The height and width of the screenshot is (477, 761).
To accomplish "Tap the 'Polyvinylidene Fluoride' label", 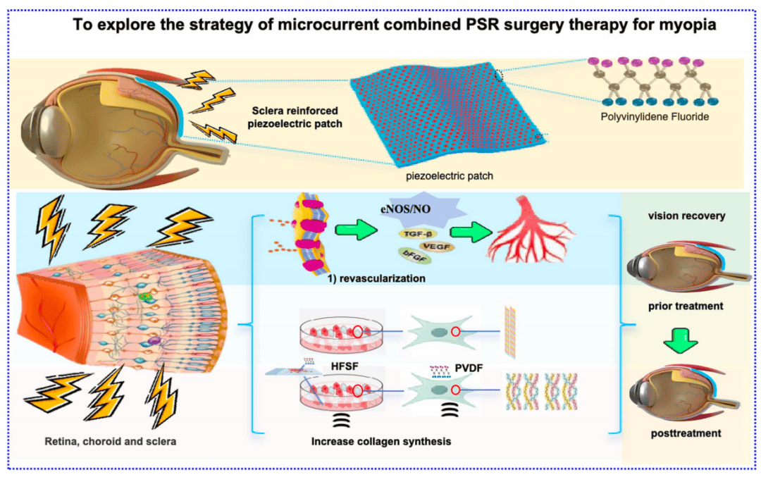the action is [655, 116].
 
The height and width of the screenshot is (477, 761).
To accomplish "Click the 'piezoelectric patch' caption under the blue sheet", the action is [450, 175].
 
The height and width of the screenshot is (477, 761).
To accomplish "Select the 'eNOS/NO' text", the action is [406, 210].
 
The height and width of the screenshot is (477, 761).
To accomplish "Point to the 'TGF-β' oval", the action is [417, 234].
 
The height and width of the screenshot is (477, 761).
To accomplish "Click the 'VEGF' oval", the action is [436, 247].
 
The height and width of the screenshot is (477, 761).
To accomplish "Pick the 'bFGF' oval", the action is [414, 256].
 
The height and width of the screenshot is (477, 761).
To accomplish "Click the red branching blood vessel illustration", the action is [531, 230].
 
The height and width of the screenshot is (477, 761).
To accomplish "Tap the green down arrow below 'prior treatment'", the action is [681, 340].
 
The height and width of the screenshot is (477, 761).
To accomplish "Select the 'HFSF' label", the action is [345, 366].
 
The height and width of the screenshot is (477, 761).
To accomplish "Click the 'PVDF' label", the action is [469, 368].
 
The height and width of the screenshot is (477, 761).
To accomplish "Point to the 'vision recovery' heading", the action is [686, 216].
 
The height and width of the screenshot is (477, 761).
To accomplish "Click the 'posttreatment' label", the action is [686, 433].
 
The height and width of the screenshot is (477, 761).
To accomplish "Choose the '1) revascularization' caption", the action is [376, 278].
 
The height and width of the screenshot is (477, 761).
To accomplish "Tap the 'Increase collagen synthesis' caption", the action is [381, 442].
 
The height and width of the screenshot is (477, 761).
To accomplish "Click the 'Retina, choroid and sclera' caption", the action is [110, 442].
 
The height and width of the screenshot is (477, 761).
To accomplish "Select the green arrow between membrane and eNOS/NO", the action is [357, 229].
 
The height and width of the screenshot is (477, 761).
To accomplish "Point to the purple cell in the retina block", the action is [154, 340].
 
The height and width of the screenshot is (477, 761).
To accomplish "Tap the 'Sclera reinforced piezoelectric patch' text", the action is [295, 117].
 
